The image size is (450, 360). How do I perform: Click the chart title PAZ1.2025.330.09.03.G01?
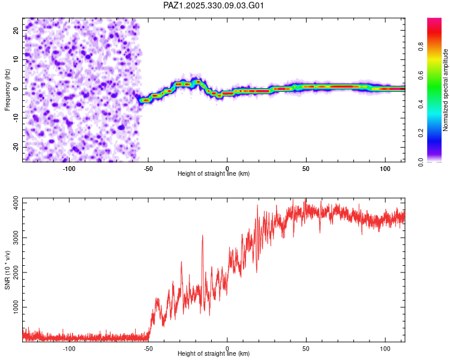[214, 5]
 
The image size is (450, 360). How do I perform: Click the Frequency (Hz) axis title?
[7, 89]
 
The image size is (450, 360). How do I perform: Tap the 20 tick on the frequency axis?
[16, 30]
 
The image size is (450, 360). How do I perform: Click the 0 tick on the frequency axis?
[18, 89]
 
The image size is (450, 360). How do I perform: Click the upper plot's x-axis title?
[214, 173]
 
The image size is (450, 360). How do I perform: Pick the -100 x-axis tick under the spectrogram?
[69, 167]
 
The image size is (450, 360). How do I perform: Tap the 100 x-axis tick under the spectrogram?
[385, 167]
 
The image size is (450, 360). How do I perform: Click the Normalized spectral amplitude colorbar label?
[446, 90]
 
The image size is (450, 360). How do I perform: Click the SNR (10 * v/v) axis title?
[7, 269]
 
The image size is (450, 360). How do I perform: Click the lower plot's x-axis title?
[214, 353]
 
